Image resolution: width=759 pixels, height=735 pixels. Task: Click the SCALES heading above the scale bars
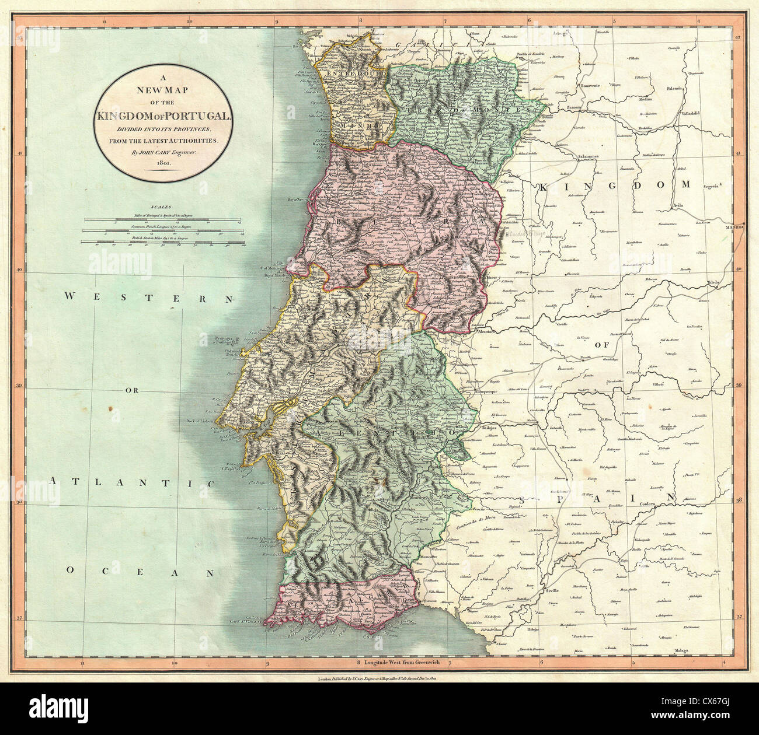(x=159, y=207)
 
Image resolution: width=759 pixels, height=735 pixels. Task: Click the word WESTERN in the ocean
(x=149, y=297)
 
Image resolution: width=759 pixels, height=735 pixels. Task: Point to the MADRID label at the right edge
(x=735, y=226)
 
